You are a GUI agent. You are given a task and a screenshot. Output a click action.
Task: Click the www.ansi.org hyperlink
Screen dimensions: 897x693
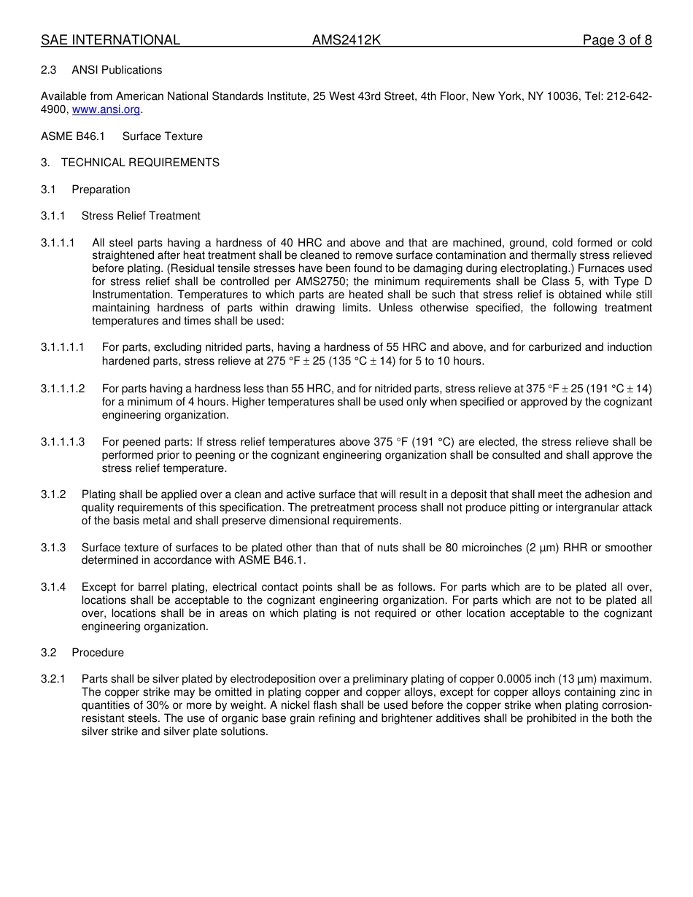click(x=106, y=109)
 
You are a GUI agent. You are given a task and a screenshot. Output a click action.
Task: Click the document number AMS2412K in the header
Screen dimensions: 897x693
click(x=346, y=40)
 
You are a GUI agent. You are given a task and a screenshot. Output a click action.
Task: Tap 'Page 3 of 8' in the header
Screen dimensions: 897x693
click(x=617, y=40)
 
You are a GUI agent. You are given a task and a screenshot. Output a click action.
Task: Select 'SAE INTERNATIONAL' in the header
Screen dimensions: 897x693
click(x=110, y=40)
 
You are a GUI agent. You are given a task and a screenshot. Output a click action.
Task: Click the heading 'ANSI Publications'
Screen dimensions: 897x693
click(x=117, y=70)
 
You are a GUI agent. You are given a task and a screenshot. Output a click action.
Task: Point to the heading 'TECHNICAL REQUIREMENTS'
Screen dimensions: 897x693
click(x=140, y=163)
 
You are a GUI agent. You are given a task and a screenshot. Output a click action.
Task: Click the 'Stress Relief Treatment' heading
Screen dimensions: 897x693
click(x=141, y=216)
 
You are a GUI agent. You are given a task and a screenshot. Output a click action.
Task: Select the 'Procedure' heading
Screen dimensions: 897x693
click(x=98, y=653)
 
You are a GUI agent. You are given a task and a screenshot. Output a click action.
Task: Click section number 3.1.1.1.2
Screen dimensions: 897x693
click(x=63, y=389)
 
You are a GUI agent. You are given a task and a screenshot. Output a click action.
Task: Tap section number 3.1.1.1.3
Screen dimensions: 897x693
click(x=63, y=442)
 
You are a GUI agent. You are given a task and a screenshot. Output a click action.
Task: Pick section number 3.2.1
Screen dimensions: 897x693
click(x=53, y=679)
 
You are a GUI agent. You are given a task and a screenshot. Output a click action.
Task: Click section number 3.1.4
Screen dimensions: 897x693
click(x=53, y=587)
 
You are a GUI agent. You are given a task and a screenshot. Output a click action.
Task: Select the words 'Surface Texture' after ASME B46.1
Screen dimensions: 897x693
click(x=163, y=136)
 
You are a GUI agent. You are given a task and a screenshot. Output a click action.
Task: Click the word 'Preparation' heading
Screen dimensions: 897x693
click(x=101, y=190)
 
